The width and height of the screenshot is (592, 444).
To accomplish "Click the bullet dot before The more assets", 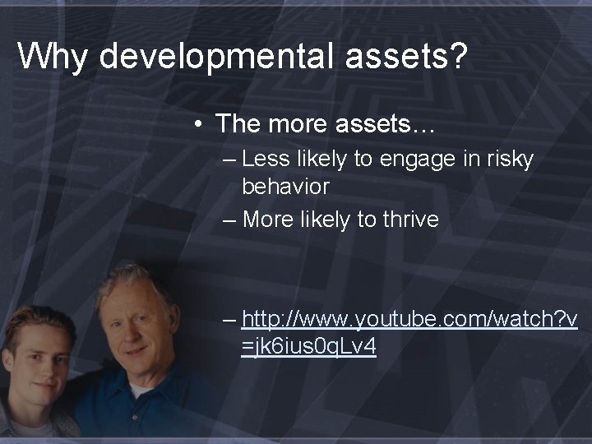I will coord(200,124).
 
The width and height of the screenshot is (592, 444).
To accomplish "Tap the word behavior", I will coord(285,187).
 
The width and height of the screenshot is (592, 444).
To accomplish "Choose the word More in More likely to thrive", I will coord(266,220).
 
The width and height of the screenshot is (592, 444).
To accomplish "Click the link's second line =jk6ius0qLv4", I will coord(309,347).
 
